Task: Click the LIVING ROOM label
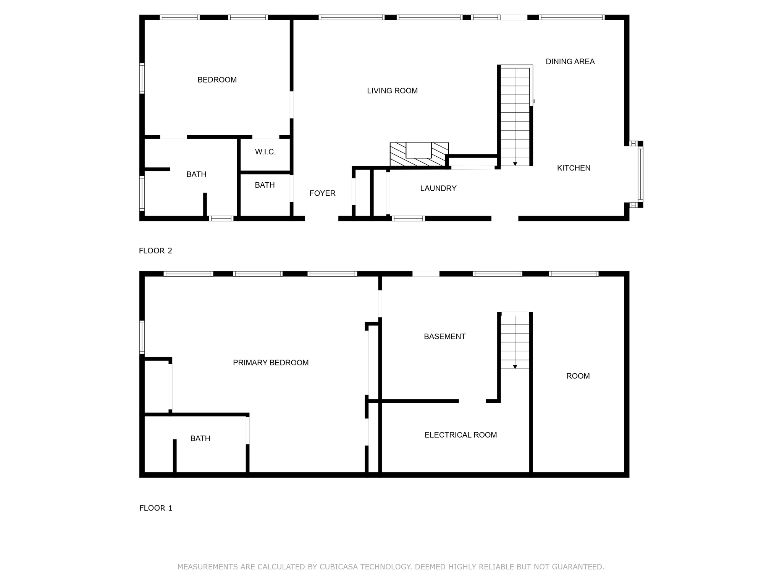[x=392, y=91]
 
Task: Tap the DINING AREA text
[x=570, y=62]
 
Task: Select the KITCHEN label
[x=574, y=168]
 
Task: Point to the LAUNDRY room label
[x=438, y=188]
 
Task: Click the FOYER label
[x=322, y=193]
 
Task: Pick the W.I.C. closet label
[x=265, y=152]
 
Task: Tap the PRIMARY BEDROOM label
[x=271, y=363]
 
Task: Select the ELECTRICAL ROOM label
[x=460, y=435]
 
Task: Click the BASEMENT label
[x=444, y=337]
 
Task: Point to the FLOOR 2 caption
[x=155, y=251]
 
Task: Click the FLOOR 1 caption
[x=156, y=508]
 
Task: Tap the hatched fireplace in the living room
[x=419, y=154]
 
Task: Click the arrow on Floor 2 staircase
[x=515, y=164]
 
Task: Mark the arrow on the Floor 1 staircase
[x=515, y=366]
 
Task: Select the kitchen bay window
[x=640, y=174]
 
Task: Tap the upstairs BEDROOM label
[x=217, y=80]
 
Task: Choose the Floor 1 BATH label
[x=200, y=438]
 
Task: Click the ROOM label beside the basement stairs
[x=578, y=376]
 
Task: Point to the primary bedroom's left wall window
[x=142, y=337]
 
